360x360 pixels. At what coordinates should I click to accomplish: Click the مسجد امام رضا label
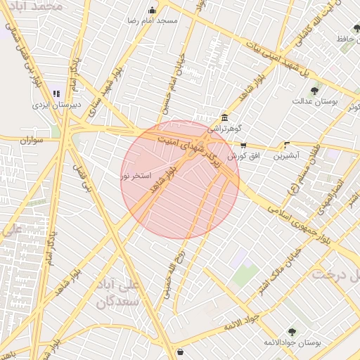[x=153, y=20]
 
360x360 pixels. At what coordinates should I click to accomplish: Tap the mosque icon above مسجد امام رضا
[x=153, y=10]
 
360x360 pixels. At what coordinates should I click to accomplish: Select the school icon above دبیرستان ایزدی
[x=56, y=93]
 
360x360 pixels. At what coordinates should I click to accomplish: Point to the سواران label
[x=32, y=141]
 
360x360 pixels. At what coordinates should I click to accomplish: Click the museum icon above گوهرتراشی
[x=224, y=117]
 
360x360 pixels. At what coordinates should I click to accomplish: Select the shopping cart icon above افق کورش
[x=243, y=146]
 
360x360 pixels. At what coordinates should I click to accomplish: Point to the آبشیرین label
[x=286, y=155]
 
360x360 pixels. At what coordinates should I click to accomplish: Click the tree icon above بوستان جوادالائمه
[x=291, y=331]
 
